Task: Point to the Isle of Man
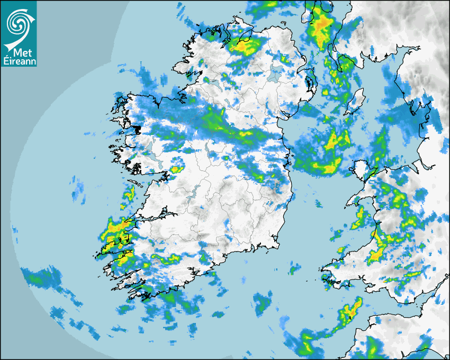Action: (x=357, y=99)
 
